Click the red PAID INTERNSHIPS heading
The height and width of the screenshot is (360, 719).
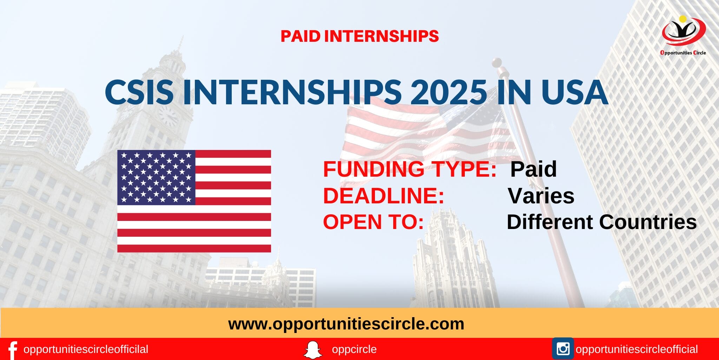tap(359, 36)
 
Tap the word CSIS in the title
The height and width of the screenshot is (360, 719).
tap(139, 92)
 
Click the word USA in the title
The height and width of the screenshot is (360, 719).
tap(574, 92)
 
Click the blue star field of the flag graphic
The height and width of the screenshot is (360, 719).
tap(156, 177)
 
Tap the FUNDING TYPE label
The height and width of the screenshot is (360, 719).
tap(409, 169)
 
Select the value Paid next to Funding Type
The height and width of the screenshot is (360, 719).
tap(533, 169)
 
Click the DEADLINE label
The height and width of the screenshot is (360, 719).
tap(383, 196)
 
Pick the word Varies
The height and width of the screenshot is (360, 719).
tap(541, 196)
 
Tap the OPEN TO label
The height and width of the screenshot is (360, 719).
tap(373, 222)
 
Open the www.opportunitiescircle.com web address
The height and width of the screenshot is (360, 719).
tap(346, 324)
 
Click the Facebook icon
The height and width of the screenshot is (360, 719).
tap(12, 350)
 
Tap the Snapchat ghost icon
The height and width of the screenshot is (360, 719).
tap(312, 350)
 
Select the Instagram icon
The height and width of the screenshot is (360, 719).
tap(563, 349)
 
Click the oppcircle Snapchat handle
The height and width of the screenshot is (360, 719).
tap(354, 349)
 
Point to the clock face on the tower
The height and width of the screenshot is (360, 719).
tap(168, 116)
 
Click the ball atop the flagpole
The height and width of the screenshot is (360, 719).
tap(496, 63)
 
